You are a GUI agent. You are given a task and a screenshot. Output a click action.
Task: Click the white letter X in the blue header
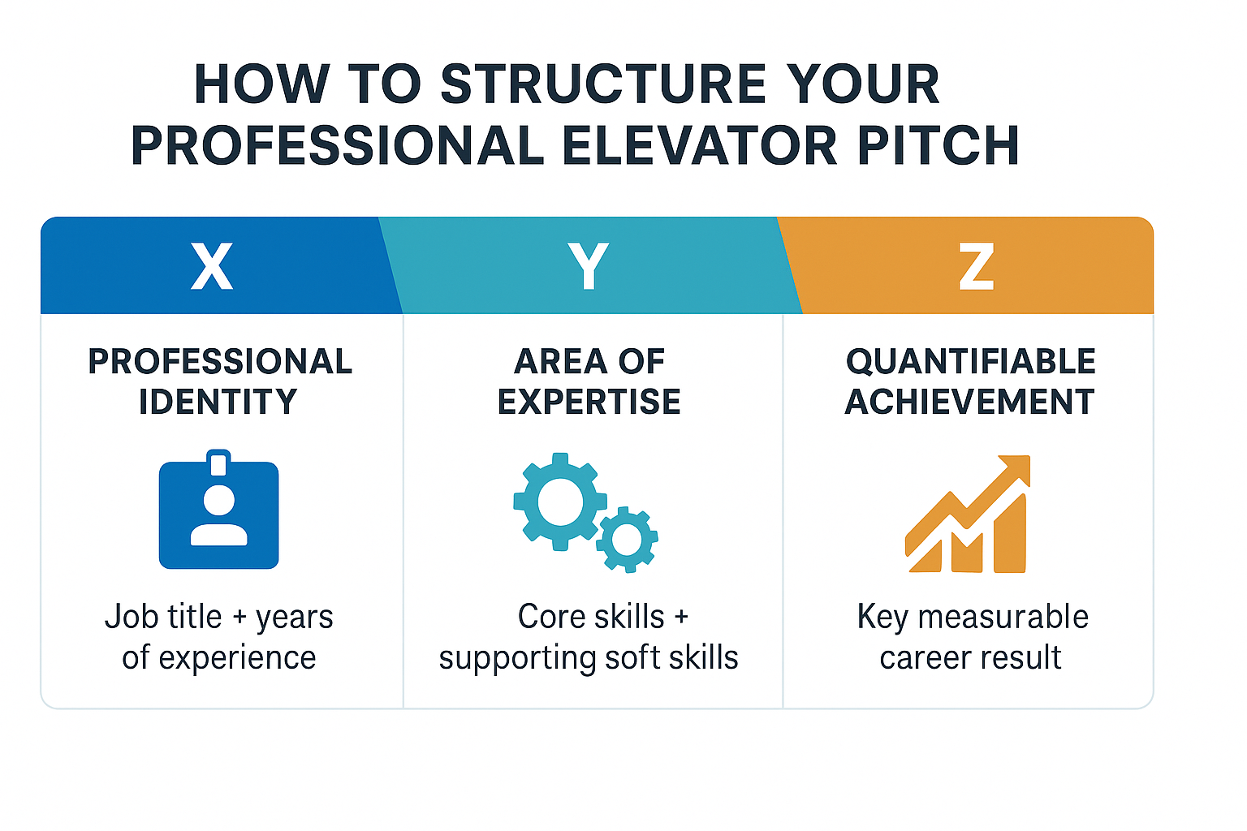click(212, 266)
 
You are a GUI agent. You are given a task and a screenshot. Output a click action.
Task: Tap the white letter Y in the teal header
click(589, 266)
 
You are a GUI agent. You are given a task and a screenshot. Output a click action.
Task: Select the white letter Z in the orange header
click(977, 266)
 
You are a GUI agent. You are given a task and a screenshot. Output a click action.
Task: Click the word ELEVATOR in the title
click(700, 145)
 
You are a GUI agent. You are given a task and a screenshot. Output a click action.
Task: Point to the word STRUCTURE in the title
click(603, 84)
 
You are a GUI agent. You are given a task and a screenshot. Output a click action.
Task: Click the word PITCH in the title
click(938, 145)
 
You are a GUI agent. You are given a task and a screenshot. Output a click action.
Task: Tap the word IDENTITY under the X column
click(218, 402)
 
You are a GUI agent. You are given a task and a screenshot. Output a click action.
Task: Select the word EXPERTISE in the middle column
click(589, 402)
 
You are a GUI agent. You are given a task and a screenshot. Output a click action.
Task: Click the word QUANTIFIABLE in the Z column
click(971, 362)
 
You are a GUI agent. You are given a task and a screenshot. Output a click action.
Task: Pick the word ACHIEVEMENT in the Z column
click(970, 402)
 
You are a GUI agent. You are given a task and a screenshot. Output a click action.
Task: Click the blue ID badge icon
click(218, 510)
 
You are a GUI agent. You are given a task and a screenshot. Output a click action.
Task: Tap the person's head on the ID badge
click(218, 500)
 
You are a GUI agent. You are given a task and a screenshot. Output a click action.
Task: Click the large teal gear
click(560, 502)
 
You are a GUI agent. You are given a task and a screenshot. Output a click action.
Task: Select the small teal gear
click(627, 540)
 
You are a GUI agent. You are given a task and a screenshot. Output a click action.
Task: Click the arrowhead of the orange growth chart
click(1015, 469)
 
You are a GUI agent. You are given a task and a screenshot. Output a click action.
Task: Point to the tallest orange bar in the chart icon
click(1010, 533)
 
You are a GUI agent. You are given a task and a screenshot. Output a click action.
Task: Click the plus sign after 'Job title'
click(239, 618)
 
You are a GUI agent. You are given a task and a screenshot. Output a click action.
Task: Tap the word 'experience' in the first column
click(237, 658)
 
